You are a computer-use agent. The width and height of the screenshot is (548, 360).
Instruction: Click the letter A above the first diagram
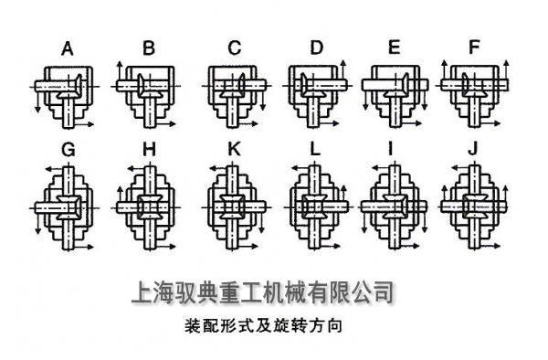pos(68,48)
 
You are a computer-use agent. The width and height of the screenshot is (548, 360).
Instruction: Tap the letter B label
pos(149,48)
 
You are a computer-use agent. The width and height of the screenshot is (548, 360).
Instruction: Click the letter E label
pos(394,48)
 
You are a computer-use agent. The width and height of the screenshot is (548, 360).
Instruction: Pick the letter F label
pos(473,48)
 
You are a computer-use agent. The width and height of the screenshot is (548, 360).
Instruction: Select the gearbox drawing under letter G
pos(66,207)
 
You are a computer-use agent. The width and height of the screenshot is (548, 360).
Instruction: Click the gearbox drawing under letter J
pos(474,207)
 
